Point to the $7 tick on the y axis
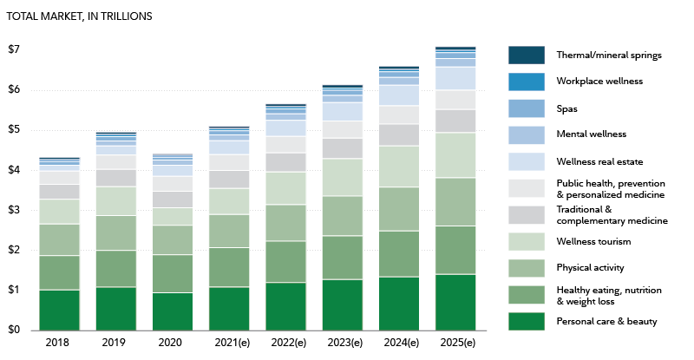coord(14,49)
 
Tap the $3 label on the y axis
coord(14,210)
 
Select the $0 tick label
coord(14,330)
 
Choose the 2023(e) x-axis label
coord(342,344)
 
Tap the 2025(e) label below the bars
coord(455,344)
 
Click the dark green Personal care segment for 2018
coord(60,310)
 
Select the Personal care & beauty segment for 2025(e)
coord(455,302)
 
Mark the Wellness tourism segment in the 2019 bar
coord(116,200)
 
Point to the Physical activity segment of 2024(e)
coord(398,209)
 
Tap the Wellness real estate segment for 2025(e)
coord(455,78)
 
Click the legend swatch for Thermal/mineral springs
coord(526,55)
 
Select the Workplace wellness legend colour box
coord(526,82)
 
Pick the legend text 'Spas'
coord(566,108)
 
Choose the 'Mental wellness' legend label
coord(591,134)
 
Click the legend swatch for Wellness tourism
coord(526,241)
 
